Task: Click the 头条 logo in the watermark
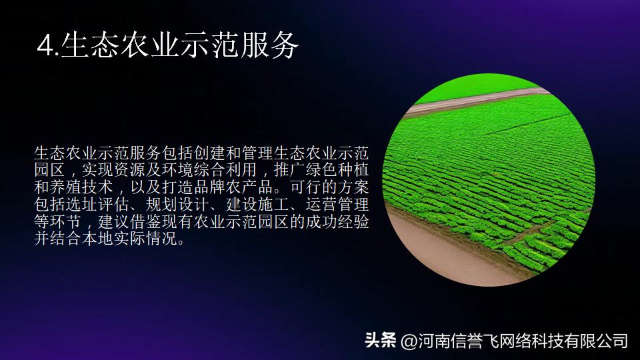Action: coord(380,341)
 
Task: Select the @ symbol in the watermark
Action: coord(408,341)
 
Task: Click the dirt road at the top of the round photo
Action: coord(467,101)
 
